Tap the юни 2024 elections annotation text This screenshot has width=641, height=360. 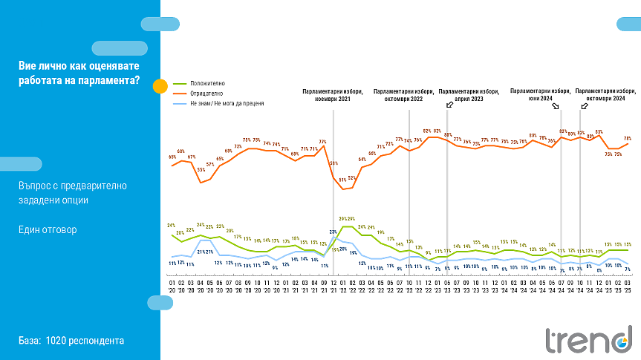[x=540, y=94]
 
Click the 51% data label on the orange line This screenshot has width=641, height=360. [x=343, y=179]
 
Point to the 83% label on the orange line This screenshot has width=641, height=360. [x=599, y=131]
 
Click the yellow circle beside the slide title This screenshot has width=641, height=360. [x=160, y=85]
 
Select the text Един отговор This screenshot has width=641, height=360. [x=48, y=229]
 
